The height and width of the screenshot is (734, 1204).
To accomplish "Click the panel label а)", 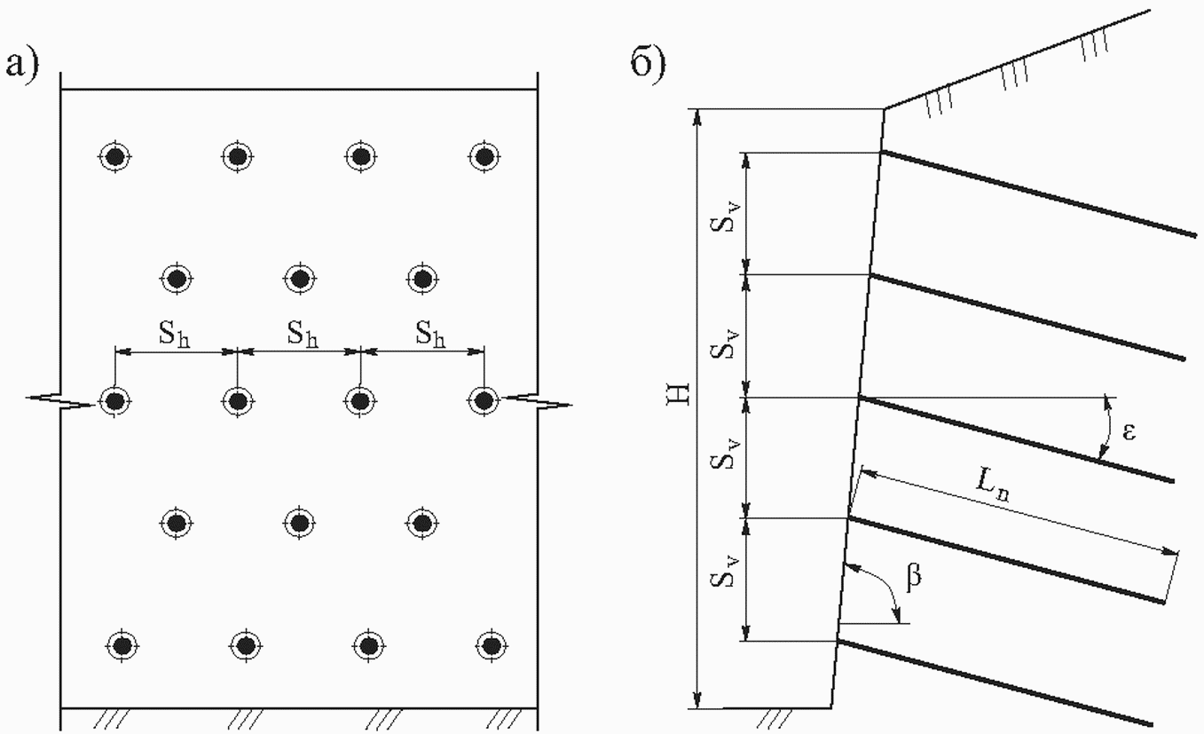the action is click(x=22, y=65).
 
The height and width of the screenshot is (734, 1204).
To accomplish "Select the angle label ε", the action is click(x=1129, y=432).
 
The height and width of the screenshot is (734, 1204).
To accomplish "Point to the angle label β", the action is click(x=914, y=577).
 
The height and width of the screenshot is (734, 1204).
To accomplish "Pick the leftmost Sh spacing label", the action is click(x=174, y=334).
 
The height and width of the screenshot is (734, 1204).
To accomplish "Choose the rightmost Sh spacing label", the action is click(x=430, y=334).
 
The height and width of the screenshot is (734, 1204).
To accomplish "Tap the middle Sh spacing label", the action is click(x=302, y=334).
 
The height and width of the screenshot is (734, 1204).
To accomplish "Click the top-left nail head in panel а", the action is click(x=114, y=157).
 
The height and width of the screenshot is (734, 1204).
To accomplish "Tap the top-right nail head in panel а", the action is click(x=484, y=157).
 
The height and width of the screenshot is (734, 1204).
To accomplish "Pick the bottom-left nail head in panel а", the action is click(x=122, y=644).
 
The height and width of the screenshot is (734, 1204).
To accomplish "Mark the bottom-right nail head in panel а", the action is click(x=491, y=644).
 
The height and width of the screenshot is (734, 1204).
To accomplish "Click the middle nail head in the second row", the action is click(x=300, y=279).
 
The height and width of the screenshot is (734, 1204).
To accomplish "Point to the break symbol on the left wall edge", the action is click(x=60, y=400).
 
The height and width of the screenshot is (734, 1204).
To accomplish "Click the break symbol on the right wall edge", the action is click(x=538, y=400).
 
